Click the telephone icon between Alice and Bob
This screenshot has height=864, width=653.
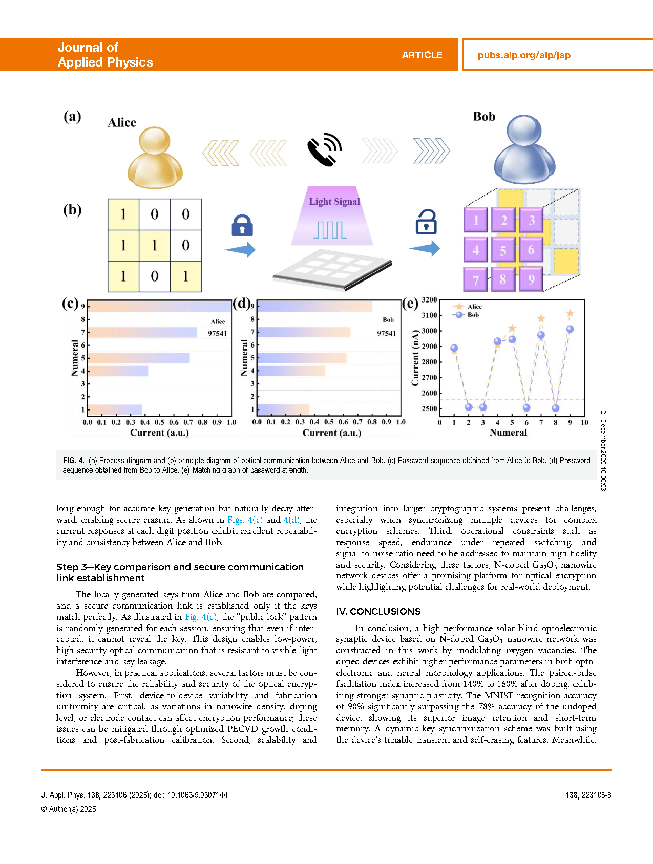(325, 149)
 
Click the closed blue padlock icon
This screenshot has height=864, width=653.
(242, 225)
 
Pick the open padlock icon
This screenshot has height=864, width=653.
(426, 222)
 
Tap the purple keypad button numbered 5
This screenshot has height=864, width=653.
(503, 250)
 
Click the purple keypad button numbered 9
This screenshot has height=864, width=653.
(532, 279)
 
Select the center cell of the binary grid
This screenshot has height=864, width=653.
(155, 245)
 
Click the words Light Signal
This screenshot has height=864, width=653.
(334, 202)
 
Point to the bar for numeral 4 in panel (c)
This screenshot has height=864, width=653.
(118, 371)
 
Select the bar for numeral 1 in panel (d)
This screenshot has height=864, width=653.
(283, 409)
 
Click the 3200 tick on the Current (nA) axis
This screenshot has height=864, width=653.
(429, 300)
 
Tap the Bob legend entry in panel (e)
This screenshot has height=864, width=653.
(473, 315)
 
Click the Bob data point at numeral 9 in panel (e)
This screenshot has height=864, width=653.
(570, 329)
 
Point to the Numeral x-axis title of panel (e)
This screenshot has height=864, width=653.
(508, 433)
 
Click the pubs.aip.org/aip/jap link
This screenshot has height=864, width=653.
(524, 55)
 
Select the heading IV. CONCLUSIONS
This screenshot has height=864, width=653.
(378, 611)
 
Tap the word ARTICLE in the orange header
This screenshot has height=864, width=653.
(422, 55)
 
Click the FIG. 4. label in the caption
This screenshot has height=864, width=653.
(74, 460)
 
